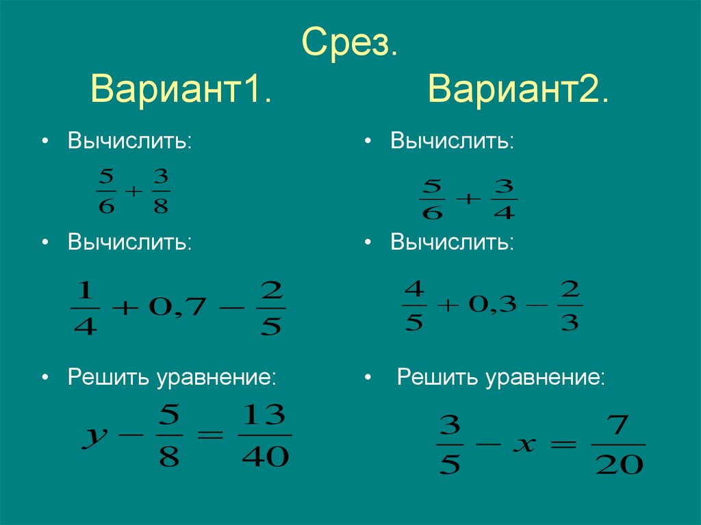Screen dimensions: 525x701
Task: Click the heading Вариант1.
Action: pyautogui.click(x=181, y=90)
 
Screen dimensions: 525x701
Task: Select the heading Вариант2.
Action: pyautogui.click(x=518, y=90)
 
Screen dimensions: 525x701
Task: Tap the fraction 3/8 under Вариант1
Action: pyautogui.click(x=161, y=192)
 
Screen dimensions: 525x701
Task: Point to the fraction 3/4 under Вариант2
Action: pyautogui.click(x=504, y=199)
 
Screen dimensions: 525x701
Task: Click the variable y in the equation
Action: pyautogui.click(x=93, y=436)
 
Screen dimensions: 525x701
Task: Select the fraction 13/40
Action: pyautogui.click(x=265, y=435)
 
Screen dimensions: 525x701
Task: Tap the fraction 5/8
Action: pyautogui.click(x=168, y=435)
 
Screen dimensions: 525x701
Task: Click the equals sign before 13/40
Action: pyautogui.click(x=211, y=435)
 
